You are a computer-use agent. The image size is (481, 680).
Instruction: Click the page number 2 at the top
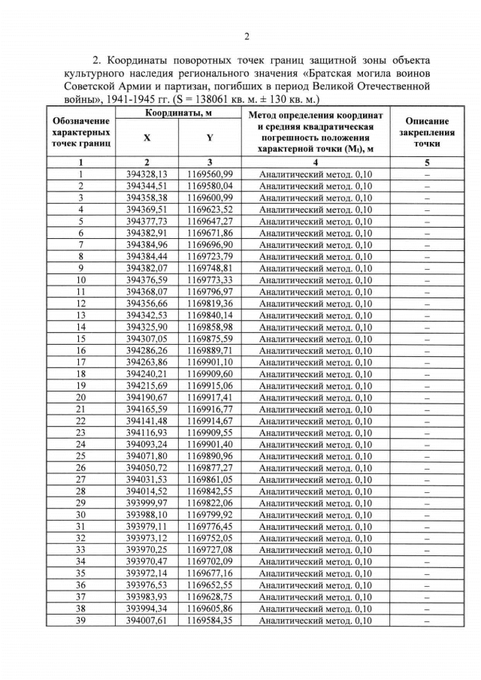pos(246,36)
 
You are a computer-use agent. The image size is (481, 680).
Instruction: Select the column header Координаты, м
pos(178,112)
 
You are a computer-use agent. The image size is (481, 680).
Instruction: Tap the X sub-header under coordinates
pos(147,138)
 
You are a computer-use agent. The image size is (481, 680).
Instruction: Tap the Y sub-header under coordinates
pos(210,138)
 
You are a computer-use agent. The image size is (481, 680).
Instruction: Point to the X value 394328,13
pos(147,174)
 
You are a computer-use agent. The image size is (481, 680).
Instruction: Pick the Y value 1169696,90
pos(210,244)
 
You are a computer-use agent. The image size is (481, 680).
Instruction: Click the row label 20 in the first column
pos(81,397)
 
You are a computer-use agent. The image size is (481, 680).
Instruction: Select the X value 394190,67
pos(147,397)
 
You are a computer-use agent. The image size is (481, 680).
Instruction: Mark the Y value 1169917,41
pos(210,397)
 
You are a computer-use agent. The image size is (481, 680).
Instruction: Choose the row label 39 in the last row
pos(81,621)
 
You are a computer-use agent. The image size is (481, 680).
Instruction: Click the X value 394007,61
pos(147,621)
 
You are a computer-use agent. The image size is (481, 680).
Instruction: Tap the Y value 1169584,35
pos(210,621)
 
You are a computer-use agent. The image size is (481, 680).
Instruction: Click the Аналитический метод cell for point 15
pos(316,338)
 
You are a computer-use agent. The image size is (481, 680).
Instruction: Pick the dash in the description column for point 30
pos(427,515)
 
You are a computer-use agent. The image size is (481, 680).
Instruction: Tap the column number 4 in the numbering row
pos(316,162)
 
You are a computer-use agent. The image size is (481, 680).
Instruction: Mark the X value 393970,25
pos(147,550)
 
